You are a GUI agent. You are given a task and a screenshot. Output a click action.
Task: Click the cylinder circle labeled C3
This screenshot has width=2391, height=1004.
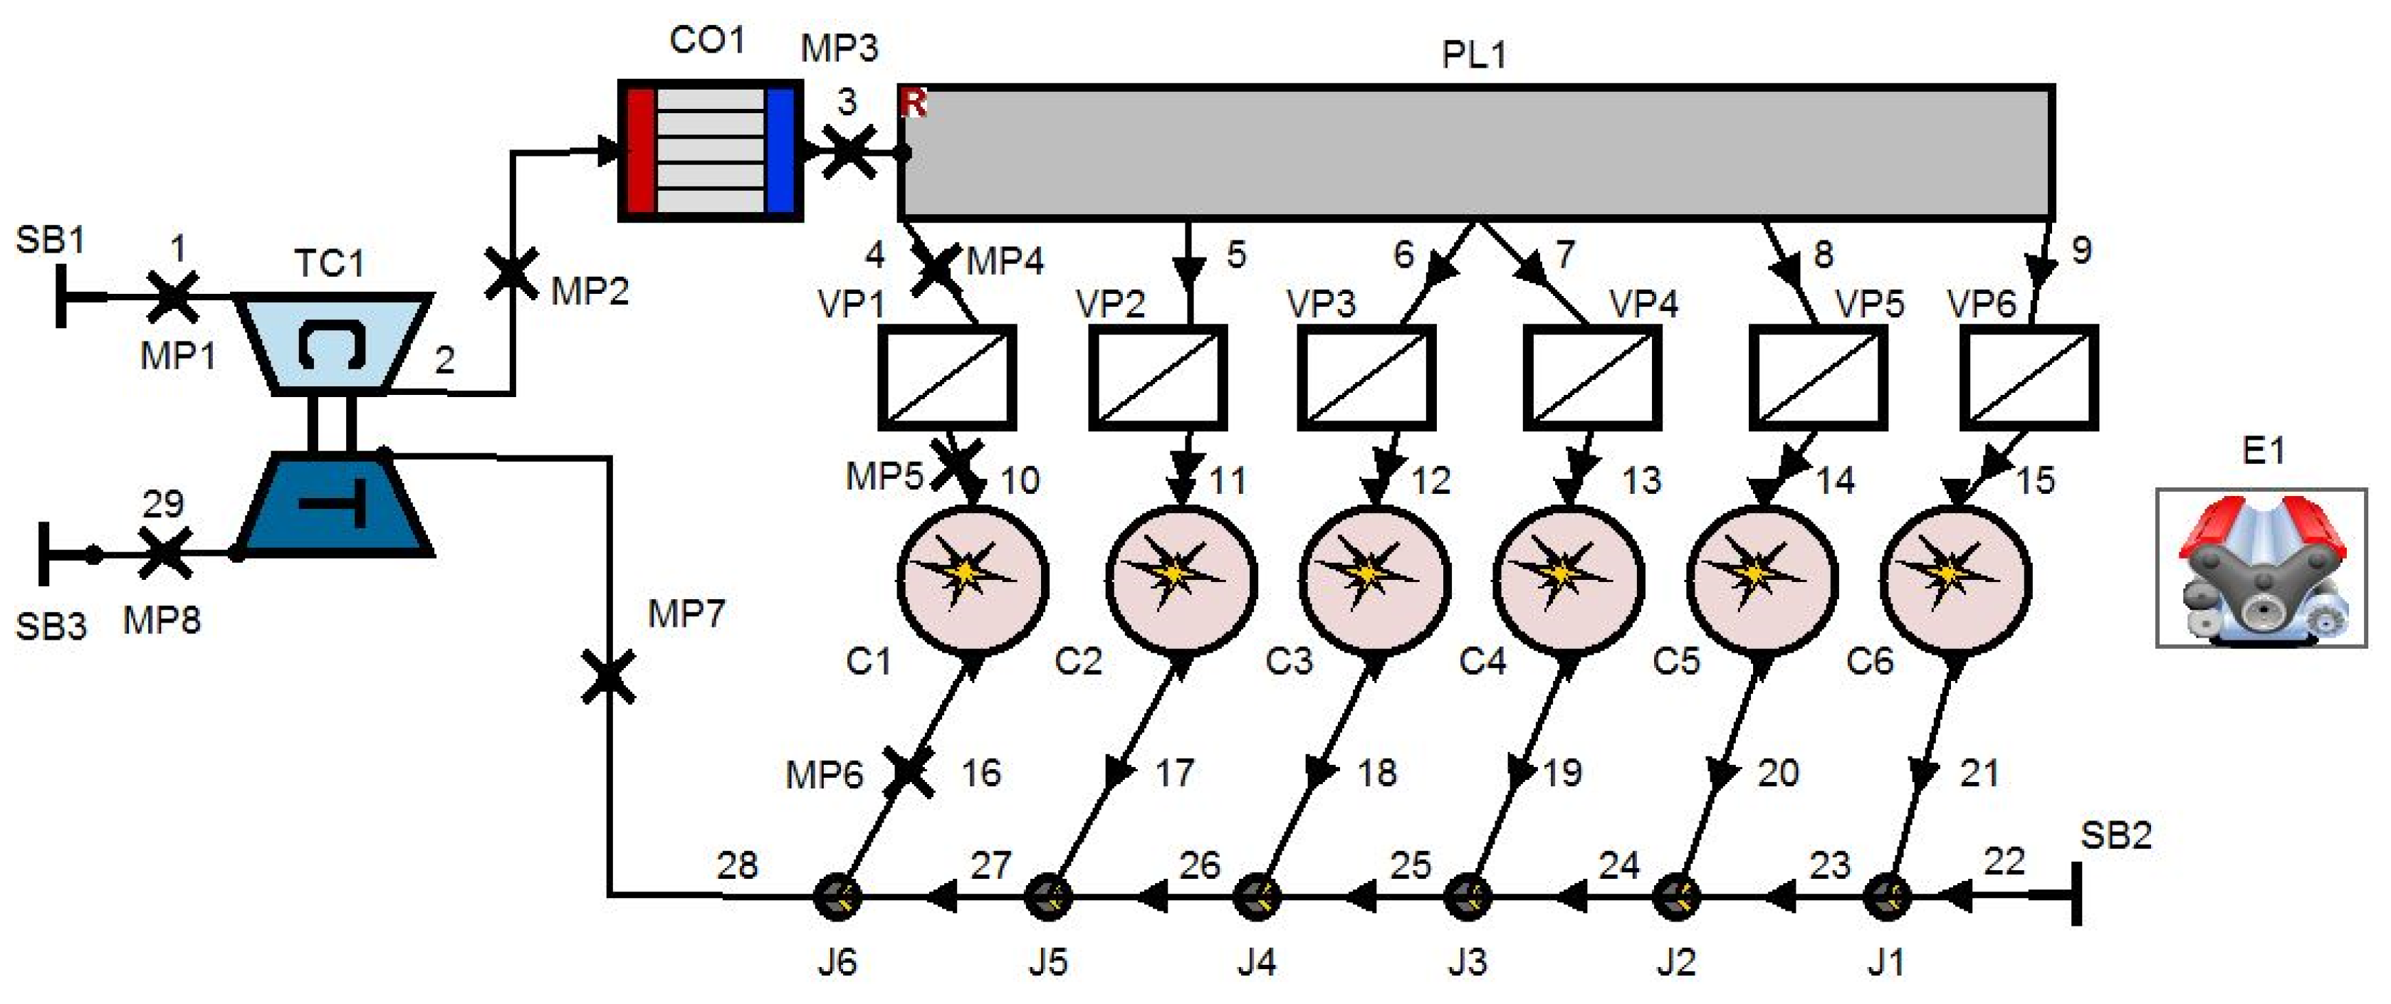(x=1375, y=581)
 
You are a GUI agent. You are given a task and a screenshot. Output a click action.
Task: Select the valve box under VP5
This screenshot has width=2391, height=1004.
(x=1817, y=378)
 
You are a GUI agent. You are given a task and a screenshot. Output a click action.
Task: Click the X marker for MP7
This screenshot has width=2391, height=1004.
(x=609, y=677)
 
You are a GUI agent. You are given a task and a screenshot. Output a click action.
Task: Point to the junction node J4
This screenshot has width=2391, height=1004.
(x=1257, y=897)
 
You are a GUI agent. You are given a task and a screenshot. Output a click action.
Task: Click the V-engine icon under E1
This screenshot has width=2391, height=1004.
(x=2261, y=569)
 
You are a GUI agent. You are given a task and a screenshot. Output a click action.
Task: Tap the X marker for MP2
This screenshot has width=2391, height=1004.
(x=511, y=274)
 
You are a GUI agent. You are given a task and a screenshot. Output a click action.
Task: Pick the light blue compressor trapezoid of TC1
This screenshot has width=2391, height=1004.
(x=333, y=344)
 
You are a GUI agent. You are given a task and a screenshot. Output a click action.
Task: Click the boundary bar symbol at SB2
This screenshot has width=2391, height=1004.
(x=2076, y=894)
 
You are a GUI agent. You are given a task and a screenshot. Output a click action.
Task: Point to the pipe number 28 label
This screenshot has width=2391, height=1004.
(x=737, y=865)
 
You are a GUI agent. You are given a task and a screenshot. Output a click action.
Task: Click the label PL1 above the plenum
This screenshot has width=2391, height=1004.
(x=1473, y=55)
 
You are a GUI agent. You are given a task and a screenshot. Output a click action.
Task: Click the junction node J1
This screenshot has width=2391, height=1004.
(x=1887, y=897)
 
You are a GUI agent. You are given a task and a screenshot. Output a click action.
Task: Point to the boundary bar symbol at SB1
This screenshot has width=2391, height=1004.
(x=61, y=296)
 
